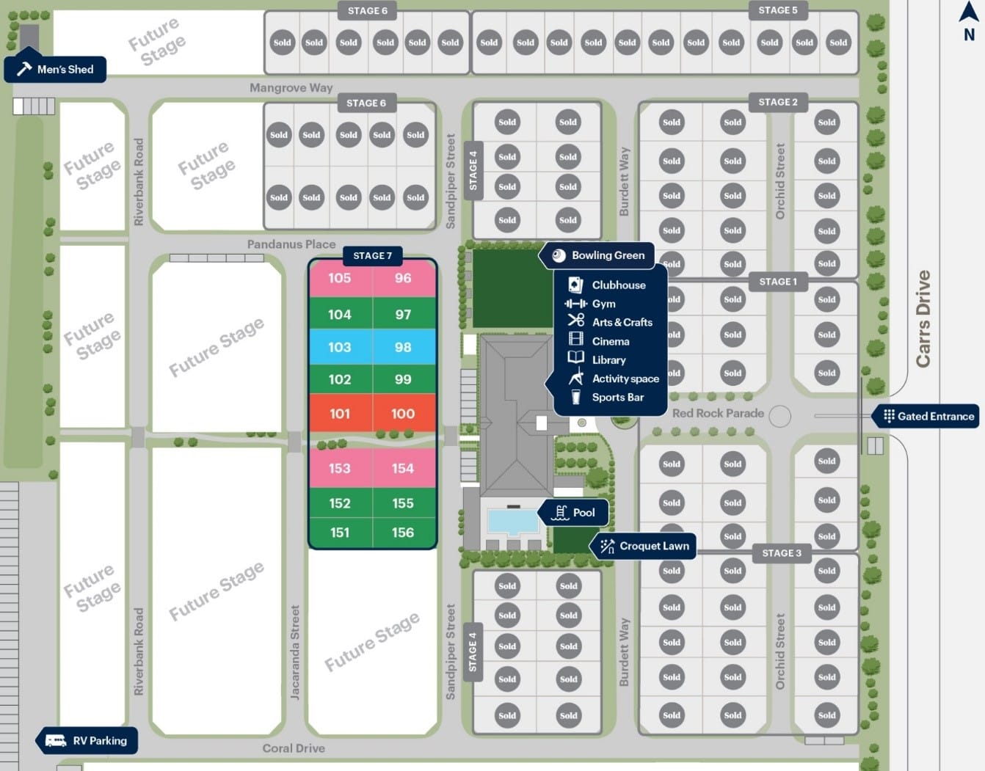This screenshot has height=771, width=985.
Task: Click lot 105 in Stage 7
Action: [x=340, y=278]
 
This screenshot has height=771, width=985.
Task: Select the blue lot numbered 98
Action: [x=403, y=347]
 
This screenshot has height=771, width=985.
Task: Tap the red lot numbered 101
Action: [x=340, y=414]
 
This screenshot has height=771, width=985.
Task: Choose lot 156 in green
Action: [x=403, y=533]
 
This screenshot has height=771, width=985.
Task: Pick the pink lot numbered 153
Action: [x=340, y=468]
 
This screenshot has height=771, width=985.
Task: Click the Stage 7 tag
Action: [x=372, y=255]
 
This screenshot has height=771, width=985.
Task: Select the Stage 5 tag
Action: [x=778, y=10]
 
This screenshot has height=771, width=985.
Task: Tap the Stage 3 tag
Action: [x=782, y=553]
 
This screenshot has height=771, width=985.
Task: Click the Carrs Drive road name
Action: [x=923, y=318]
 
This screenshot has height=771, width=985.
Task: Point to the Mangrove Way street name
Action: [x=291, y=88]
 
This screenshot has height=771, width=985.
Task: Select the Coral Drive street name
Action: [x=294, y=748]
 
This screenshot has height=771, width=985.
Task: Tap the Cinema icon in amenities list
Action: [x=576, y=340]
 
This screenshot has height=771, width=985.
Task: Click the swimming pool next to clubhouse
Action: [x=512, y=522]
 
